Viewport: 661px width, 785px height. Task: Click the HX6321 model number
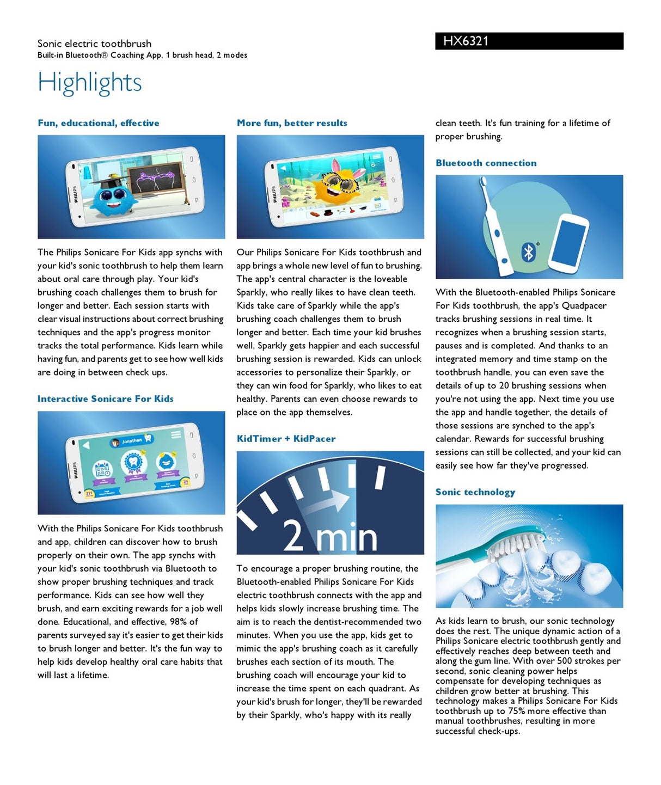click(x=466, y=41)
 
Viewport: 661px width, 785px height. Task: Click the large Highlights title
click(x=90, y=83)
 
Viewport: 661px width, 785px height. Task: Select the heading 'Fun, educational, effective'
click(x=99, y=123)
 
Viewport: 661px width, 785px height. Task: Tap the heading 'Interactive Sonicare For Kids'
click(x=106, y=398)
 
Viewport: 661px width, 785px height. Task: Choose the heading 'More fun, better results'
click(x=292, y=123)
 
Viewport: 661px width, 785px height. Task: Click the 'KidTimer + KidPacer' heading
click(x=286, y=439)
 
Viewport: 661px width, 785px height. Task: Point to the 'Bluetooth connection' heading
click(x=486, y=163)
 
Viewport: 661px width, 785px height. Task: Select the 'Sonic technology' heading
click(x=475, y=492)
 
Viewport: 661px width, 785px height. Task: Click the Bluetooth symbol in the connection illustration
click(x=528, y=252)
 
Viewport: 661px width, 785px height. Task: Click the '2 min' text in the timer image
click(x=330, y=536)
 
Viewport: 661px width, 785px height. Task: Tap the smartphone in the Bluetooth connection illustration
click(x=568, y=243)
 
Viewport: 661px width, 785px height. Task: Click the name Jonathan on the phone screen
click(x=132, y=441)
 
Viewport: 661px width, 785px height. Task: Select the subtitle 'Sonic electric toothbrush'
click(x=94, y=44)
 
